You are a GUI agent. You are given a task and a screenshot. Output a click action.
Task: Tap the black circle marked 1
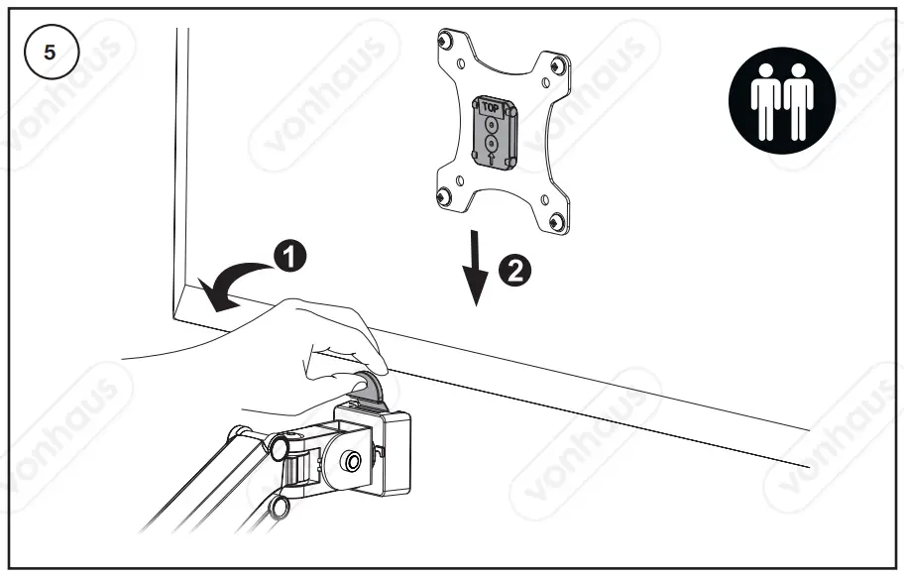pos(288,257)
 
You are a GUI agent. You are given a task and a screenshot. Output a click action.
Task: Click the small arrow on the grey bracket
pos(491,158)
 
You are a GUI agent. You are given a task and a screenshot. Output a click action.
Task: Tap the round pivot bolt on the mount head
pos(352,461)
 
